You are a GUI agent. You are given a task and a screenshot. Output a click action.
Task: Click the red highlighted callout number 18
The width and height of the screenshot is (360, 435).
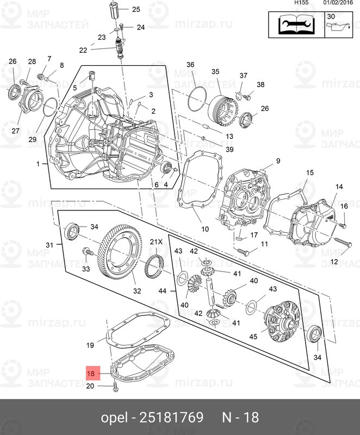point(91,374)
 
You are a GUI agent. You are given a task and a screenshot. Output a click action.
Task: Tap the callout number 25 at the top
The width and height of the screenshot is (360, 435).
point(135,9)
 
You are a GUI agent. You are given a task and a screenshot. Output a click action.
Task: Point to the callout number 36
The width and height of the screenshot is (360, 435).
point(190,65)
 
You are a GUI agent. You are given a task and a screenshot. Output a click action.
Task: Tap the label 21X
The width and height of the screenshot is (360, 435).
point(157,242)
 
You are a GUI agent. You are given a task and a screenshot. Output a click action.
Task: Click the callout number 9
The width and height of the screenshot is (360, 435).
point(277,161)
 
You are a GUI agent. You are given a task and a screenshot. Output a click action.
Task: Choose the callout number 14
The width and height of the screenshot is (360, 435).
point(339,187)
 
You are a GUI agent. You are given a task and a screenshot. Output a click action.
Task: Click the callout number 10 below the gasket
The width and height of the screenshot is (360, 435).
point(205,229)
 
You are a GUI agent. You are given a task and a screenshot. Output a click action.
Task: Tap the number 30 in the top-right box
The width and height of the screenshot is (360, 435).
point(331,17)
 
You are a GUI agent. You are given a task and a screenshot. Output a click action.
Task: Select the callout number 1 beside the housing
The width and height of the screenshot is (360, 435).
point(38,164)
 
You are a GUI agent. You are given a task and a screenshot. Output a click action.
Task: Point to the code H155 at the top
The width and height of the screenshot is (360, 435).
point(302,3)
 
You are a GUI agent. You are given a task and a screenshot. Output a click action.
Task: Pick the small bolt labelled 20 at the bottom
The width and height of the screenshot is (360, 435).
point(115,388)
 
